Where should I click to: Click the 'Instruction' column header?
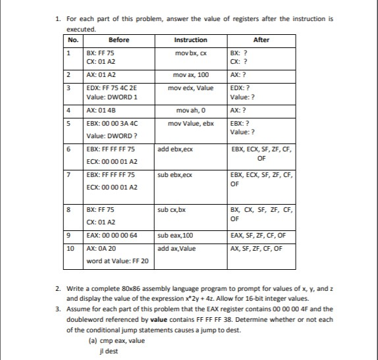point(191,40)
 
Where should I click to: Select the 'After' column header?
point(261,40)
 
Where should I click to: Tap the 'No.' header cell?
point(72,40)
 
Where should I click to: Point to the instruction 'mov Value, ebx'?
point(191,123)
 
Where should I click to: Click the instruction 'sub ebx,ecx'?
point(176,175)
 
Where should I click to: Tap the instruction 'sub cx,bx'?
point(173,210)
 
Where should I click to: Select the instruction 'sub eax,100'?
point(176,235)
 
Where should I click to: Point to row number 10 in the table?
point(70,248)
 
